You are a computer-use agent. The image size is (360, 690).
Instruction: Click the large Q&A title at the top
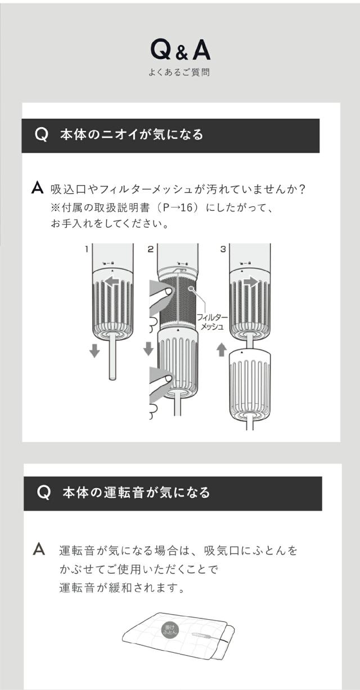pos(180,50)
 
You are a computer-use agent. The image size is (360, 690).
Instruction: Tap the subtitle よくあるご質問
pos(179,73)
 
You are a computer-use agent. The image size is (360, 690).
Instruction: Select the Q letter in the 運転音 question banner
pos(44,493)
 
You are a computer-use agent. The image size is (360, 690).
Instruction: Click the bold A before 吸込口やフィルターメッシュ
pos(38,188)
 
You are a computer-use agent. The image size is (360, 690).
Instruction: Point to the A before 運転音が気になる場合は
pos(39,549)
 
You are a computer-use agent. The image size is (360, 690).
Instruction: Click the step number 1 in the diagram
pos(87,249)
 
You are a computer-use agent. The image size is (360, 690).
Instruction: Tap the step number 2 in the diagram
pos(150,249)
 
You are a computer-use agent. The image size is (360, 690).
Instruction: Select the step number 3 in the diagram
pos(223,249)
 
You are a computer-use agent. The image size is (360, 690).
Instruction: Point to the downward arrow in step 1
pos(94,350)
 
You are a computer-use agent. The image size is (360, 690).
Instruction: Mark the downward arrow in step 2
pos(148,349)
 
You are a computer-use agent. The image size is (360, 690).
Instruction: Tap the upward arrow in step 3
pos(222,349)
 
